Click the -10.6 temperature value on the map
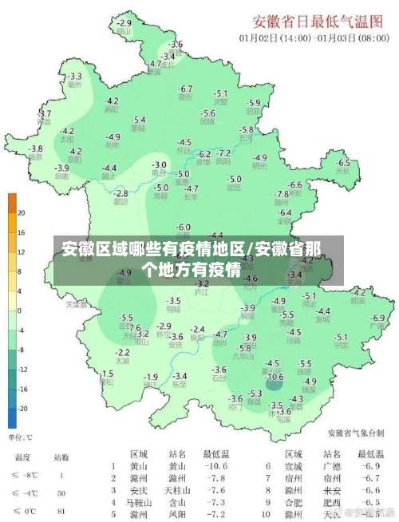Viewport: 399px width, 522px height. [x=275, y=377]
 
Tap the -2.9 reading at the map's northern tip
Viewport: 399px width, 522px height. [x=124, y=23]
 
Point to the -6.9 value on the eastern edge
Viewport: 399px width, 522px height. [x=378, y=318]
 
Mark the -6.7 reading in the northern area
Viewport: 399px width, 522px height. [x=186, y=89]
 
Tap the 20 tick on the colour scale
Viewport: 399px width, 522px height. [x=22, y=213]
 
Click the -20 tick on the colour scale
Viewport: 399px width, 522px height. [x=22, y=408]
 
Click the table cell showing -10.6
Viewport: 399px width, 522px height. [x=215, y=466]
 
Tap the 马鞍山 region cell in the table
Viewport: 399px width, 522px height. [x=138, y=504]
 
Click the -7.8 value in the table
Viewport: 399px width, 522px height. [x=215, y=477]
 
